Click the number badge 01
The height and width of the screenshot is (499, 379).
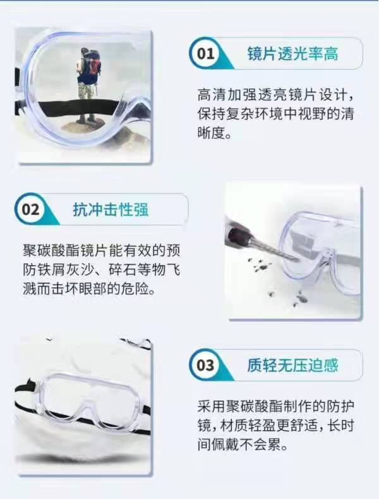coord(206,53)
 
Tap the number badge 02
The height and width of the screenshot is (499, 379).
coord(30,210)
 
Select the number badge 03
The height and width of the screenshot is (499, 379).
coord(205,365)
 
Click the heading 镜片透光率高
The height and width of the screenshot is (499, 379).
coord(292,53)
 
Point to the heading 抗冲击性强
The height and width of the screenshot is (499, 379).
coord(111,209)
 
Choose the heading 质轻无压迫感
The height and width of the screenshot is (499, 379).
coord(292,365)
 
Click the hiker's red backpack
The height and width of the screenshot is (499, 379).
coord(92,68)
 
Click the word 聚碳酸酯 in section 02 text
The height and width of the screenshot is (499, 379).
coord(52,250)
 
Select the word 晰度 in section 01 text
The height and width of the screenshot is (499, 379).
coord(211,133)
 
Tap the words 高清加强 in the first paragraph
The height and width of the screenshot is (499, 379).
coord(226,95)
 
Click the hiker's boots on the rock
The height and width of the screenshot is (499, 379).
coord(87,118)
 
